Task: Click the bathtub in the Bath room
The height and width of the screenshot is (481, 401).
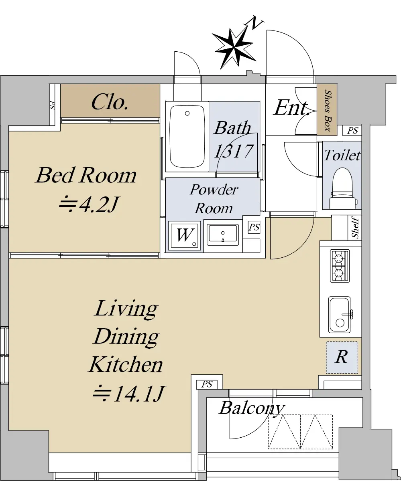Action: pyautogui.click(x=187, y=137)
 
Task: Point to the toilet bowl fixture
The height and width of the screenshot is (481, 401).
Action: pyautogui.click(x=343, y=188)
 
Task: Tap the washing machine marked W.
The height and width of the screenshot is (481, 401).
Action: pyautogui.click(x=184, y=235)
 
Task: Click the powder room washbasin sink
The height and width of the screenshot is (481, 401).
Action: pyautogui.click(x=223, y=235)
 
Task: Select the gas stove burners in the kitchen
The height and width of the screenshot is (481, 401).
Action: pyautogui.click(x=340, y=266)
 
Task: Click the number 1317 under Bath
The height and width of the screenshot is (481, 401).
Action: pyautogui.click(x=234, y=151)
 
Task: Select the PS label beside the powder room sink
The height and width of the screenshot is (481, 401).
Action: pyautogui.click(x=254, y=227)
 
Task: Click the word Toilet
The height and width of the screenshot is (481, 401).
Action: pyautogui.click(x=342, y=155)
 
